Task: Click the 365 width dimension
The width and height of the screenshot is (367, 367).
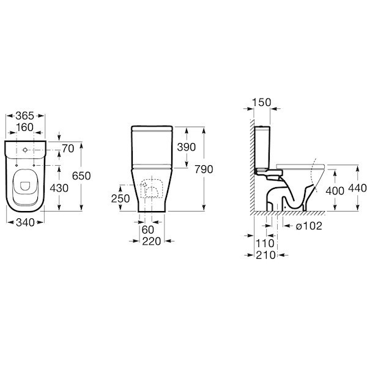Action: point(25,116)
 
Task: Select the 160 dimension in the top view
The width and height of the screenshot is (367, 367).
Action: point(25,127)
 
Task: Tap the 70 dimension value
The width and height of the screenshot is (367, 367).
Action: point(68,149)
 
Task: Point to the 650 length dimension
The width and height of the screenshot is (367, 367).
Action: point(81,176)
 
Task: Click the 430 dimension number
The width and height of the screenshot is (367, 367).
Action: point(59,188)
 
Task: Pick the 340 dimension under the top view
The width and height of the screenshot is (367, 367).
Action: point(25,223)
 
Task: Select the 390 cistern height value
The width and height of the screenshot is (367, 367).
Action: point(187,147)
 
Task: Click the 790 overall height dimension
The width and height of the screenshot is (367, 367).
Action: point(204,169)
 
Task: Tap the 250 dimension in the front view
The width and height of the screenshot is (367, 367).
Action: point(120,199)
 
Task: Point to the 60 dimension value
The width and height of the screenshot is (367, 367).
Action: point(147,230)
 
